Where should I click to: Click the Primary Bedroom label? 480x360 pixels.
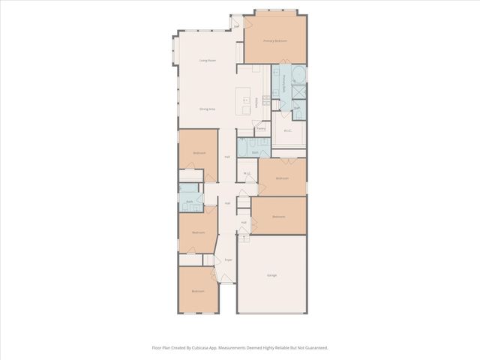[x=275, y=40]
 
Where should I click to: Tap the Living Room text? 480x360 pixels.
[x=207, y=60]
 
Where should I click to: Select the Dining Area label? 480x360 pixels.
[x=207, y=109]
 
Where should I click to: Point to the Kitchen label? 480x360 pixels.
[x=257, y=103]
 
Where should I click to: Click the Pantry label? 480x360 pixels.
[x=261, y=128]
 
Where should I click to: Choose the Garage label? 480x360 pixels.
[x=271, y=275]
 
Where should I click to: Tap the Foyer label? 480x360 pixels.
[x=228, y=259]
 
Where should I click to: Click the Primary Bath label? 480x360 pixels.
[x=285, y=83]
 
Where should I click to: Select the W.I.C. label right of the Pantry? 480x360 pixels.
[x=287, y=130]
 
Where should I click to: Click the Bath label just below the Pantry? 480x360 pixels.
[x=255, y=152]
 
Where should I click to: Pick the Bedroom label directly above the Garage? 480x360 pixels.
[x=278, y=217]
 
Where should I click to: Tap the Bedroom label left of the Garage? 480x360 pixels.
[x=198, y=291]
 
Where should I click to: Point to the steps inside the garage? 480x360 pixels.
[x=244, y=240]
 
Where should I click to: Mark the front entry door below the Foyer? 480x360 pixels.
[x=227, y=283]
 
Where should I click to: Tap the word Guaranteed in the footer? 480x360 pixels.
[x=313, y=348]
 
